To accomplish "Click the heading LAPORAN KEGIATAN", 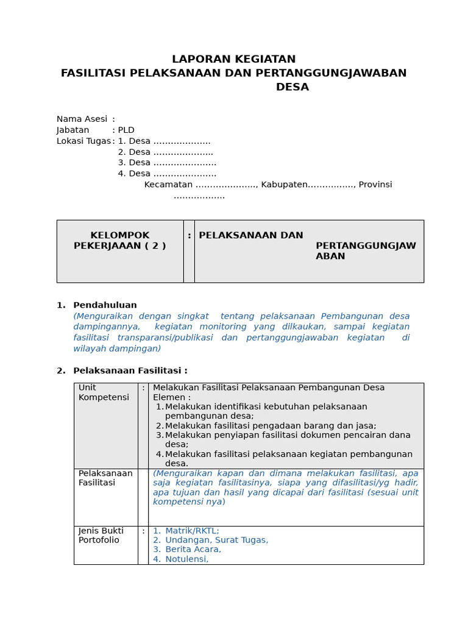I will (x=233, y=59).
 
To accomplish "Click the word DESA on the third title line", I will (x=292, y=87).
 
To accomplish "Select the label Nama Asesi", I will (x=82, y=119).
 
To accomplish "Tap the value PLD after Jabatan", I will (x=126, y=130).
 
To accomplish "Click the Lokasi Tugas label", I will (x=83, y=141).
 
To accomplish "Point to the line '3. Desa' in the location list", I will (x=166, y=163).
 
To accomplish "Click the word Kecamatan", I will (x=168, y=185).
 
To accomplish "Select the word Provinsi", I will (x=375, y=185).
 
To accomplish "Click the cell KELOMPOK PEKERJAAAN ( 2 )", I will (x=119, y=241).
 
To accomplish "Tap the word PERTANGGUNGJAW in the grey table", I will (x=366, y=246).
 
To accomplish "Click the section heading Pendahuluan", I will (x=105, y=305).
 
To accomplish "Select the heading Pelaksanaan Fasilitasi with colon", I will (x=130, y=370).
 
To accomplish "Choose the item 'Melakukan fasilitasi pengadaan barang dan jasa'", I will (x=270, y=426).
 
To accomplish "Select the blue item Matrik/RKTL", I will (x=192, y=531).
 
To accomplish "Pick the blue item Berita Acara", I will (x=193, y=549).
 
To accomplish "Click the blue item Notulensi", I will (x=186, y=559).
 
